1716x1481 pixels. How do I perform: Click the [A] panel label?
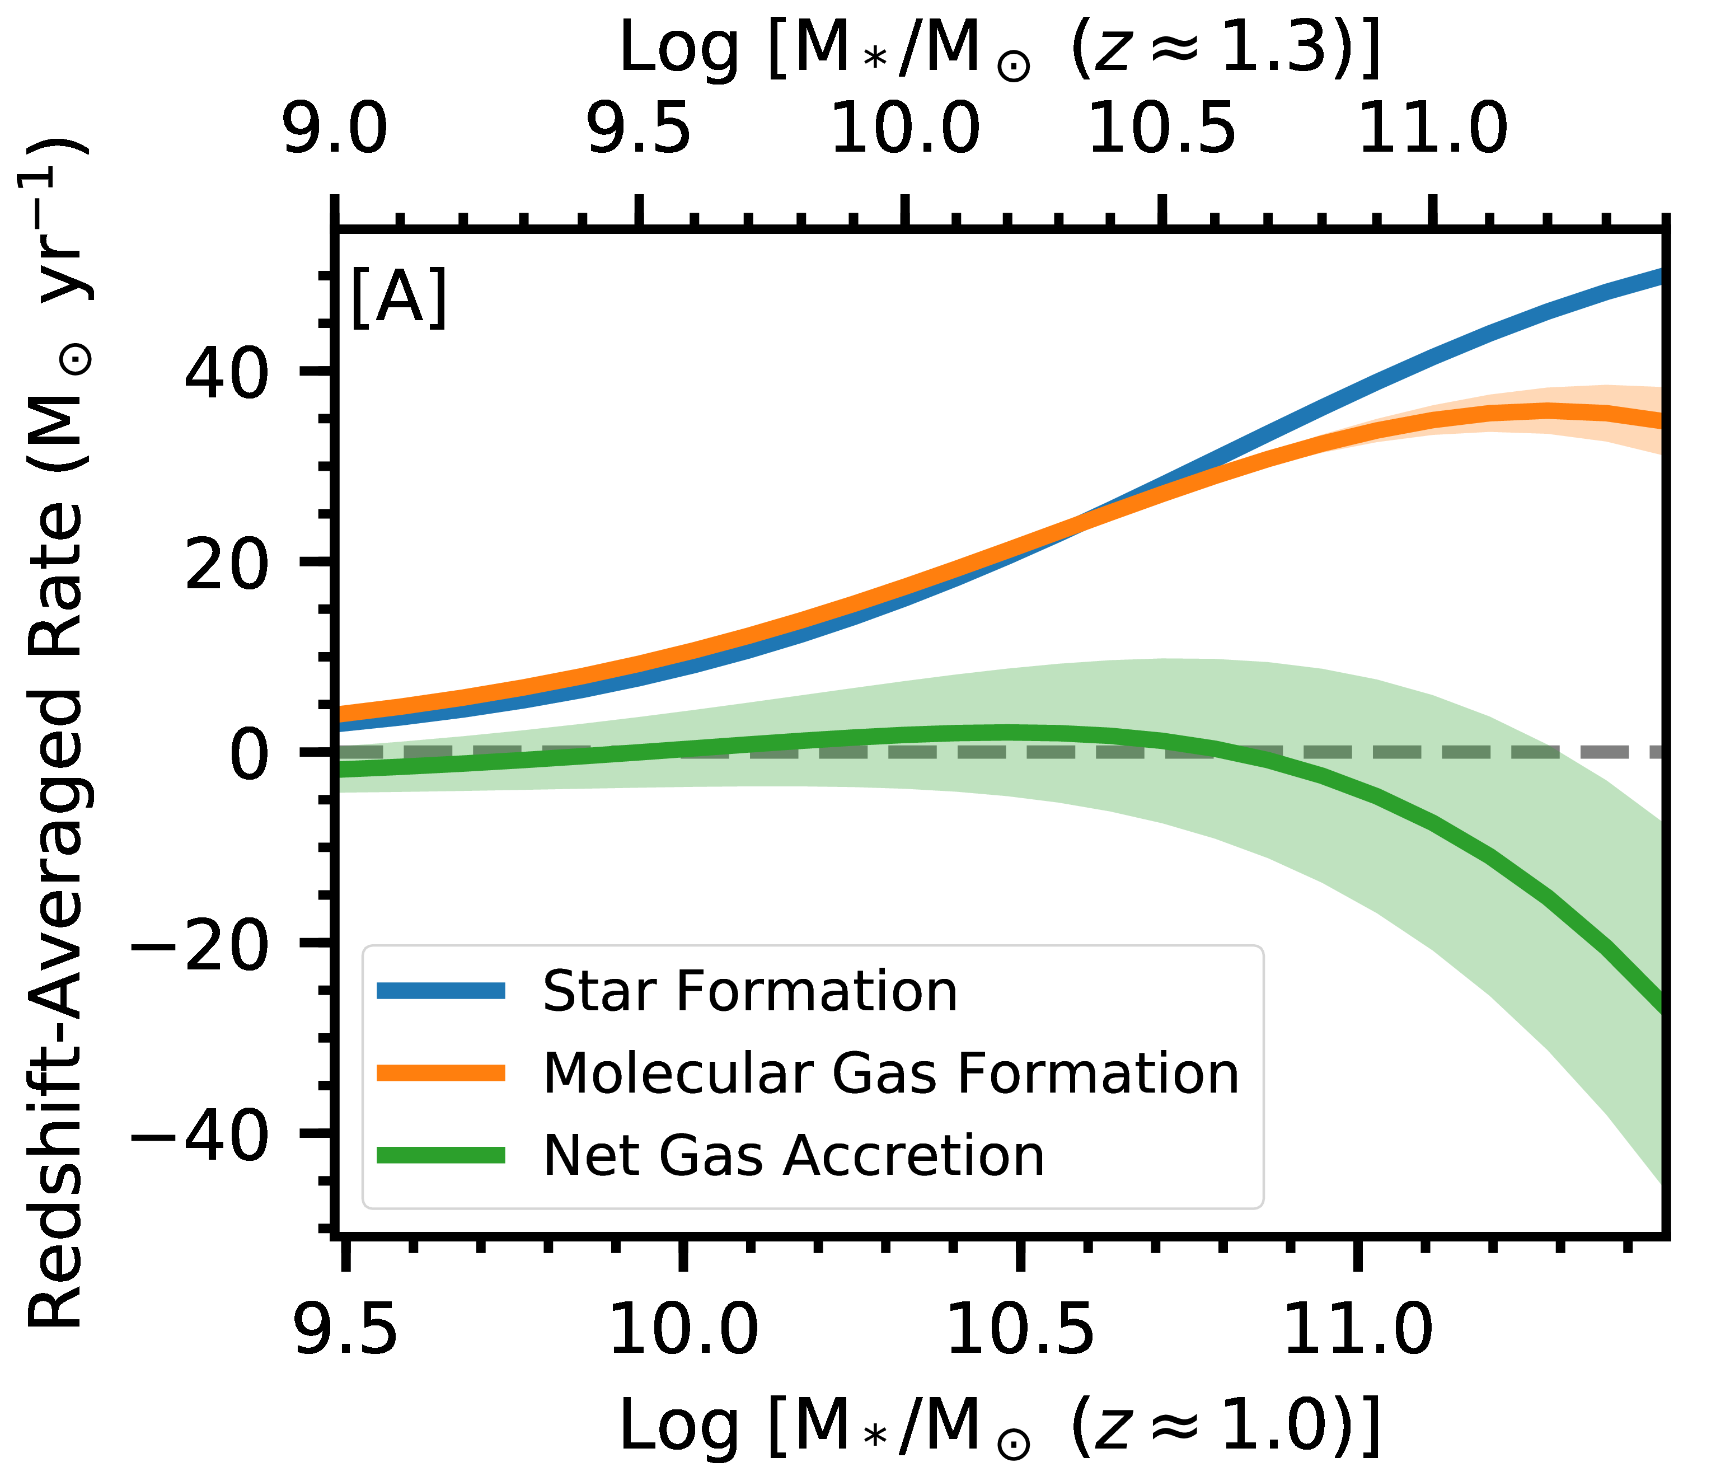tap(398, 298)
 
